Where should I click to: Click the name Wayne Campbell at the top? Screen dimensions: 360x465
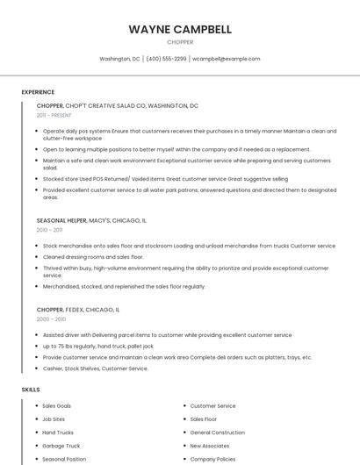pyautogui.click(x=180, y=29)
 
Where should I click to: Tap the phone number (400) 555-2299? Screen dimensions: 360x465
pyautogui.click(x=166, y=59)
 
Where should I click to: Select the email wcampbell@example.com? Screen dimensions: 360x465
pyautogui.click(x=226, y=59)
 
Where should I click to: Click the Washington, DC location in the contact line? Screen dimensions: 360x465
pyautogui.click(x=119, y=59)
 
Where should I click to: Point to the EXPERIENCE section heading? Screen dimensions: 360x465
pyautogui.click(x=38, y=92)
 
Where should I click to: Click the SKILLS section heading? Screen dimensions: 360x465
pyautogui.click(x=31, y=389)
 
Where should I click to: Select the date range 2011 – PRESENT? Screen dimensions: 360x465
pyautogui.click(x=54, y=115)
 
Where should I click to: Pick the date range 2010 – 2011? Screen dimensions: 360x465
pyautogui.click(x=50, y=230)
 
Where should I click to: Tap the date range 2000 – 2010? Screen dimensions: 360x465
pyautogui.click(x=51, y=319)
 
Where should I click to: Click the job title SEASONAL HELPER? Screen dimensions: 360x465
pyautogui.click(x=61, y=220)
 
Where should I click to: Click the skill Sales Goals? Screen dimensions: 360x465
pyautogui.click(x=57, y=406)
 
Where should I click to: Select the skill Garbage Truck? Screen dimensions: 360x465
pyautogui.click(x=61, y=446)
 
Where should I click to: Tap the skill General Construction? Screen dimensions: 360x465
pyautogui.click(x=217, y=433)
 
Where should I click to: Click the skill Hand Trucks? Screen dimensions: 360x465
pyautogui.click(x=58, y=433)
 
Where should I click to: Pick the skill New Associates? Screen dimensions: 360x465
pyautogui.click(x=210, y=446)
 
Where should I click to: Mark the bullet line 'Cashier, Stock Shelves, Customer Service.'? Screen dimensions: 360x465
pyautogui.click(x=96, y=368)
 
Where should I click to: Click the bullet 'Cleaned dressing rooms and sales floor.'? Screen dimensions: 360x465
pyautogui.click(x=93, y=257)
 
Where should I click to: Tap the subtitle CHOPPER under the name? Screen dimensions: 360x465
pyautogui.click(x=180, y=41)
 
